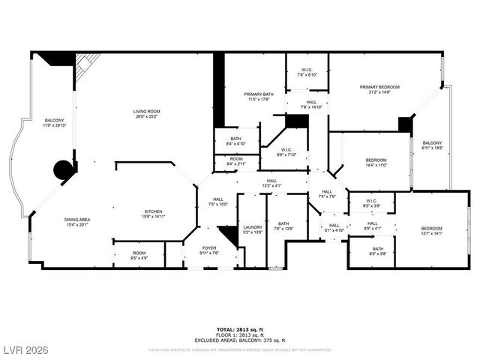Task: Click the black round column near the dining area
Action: [64, 170]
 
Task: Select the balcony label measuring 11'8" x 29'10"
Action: [54, 122]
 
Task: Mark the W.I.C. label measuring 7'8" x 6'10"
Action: [307, 72]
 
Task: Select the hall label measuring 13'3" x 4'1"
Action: [271, 182]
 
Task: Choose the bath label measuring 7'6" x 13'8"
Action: [283, 226]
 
